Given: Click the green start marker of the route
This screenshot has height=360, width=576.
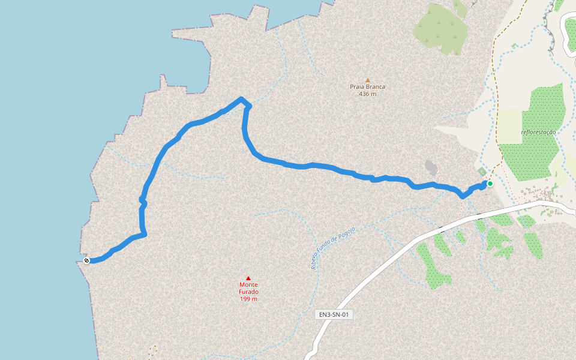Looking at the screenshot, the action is [490, 184].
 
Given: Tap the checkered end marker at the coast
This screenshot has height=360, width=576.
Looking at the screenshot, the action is [87, 260].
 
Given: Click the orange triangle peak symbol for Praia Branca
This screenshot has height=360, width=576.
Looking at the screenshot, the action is [368, 80].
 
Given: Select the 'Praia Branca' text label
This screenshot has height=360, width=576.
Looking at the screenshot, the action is [368, 87].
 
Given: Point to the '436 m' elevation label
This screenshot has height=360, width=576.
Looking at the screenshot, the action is [368, 94].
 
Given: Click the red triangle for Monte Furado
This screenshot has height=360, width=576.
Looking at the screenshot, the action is [248, 278].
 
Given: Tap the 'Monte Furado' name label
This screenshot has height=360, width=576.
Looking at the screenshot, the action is [248, 288].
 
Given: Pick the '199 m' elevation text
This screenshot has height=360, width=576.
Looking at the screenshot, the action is [248, 299].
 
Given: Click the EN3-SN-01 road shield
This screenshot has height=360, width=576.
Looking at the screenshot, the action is [334, 314].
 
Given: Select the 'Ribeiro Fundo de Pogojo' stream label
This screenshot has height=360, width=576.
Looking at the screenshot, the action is [334, 247].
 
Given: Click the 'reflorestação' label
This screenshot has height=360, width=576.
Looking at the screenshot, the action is [538, 132].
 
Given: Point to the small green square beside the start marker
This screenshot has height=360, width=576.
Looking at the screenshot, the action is [482, 172].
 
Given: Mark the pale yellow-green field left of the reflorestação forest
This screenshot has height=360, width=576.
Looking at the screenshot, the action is [510, 126].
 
